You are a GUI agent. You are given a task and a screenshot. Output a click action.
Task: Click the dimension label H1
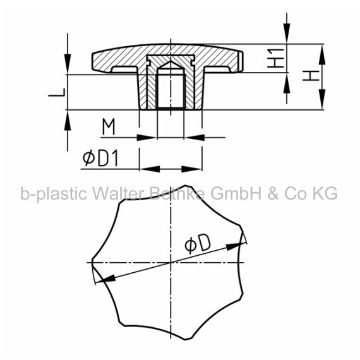276,58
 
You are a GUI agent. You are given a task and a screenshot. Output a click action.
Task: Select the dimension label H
311,76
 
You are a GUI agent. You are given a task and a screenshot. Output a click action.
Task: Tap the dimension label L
57,92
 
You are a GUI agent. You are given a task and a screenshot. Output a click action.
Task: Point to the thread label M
109,126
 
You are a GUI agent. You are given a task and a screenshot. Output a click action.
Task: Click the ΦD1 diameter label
100,158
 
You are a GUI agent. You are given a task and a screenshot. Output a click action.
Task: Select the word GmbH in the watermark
236,193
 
